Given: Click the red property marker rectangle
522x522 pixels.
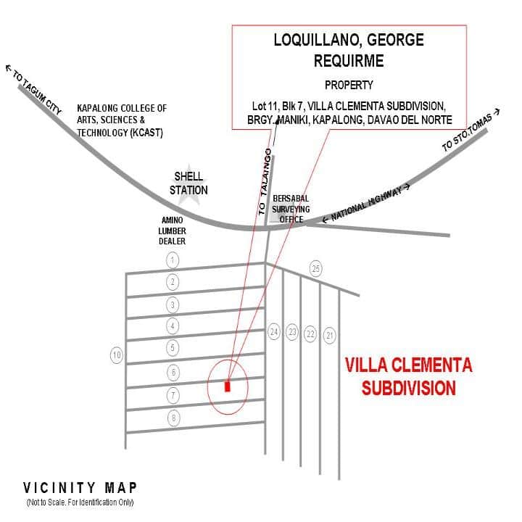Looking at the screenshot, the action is [228, 386].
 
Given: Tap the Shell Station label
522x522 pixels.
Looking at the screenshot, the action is [188, 183].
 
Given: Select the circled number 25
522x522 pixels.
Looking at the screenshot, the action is [316, 268].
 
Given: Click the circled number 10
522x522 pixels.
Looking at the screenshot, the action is [117, 355].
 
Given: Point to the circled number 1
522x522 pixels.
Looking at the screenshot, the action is [173, 260].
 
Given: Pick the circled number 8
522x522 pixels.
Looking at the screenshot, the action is [173, 418].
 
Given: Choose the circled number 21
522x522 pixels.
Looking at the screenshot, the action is [330, 335].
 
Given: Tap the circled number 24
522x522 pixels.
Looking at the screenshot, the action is [274, 332].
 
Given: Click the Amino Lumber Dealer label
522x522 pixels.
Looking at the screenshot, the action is [172, 231].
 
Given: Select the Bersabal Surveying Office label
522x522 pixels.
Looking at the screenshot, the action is [291, 209].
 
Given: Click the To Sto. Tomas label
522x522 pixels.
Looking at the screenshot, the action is [471, 130].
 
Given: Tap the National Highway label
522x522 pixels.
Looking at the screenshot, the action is [366, 203].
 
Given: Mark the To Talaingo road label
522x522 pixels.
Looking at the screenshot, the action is [265, 182].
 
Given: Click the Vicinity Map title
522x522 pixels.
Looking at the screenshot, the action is [80, 488].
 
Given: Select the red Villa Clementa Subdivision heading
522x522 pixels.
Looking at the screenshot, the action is [409, 376].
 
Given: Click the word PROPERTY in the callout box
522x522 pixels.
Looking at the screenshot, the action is [349, 86].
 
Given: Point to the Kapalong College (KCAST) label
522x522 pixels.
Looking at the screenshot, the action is [122, 120].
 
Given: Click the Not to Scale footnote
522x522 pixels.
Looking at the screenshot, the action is [80, 502].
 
